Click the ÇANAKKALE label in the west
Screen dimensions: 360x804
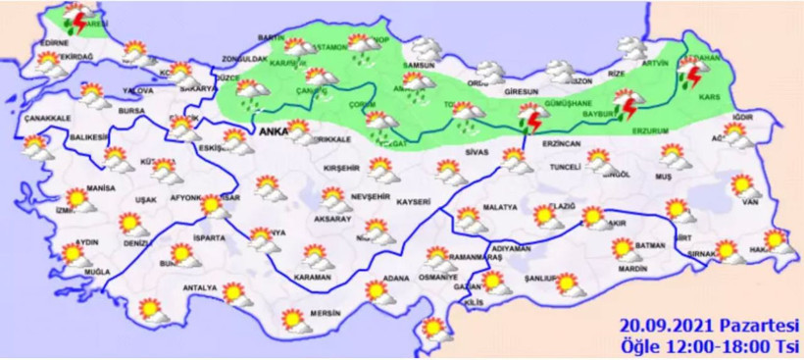point(46,118)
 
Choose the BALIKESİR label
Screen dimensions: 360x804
point(86,138)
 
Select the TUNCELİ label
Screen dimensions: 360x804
point(567,167)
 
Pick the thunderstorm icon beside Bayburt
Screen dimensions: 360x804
point(626,103)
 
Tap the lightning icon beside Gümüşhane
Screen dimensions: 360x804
point(531,117)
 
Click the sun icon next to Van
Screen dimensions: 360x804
point(742,184)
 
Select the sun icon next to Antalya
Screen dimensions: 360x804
point(233,293)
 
